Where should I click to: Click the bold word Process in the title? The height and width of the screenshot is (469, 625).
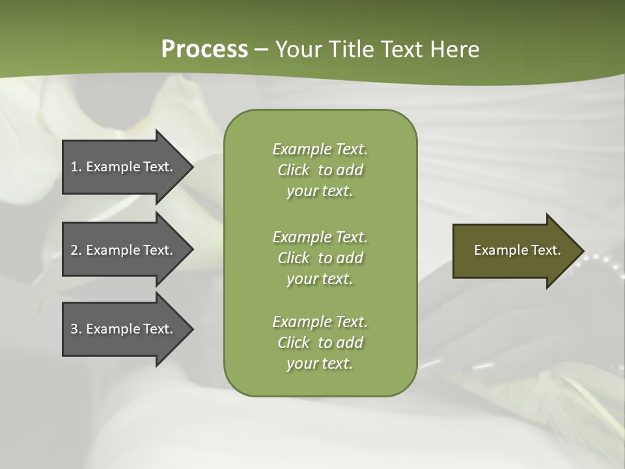[x=204, y=50]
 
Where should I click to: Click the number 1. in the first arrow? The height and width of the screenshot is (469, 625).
[x=76, y=167]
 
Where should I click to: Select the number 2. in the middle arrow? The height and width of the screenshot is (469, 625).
[x=76, y=250]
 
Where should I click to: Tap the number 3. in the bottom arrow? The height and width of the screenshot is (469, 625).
[x=76, y=329]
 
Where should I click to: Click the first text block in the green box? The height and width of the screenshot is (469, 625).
[x=320, y=170]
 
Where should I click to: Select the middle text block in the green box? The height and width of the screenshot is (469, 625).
[x=320, y=258]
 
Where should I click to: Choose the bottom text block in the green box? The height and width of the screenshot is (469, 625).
[x=320, y=343]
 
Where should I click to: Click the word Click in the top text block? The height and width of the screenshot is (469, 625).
[x=293, y=170]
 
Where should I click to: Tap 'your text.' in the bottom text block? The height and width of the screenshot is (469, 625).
[x=320, y=363]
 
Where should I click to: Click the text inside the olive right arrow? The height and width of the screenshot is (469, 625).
[x=517, y=250]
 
